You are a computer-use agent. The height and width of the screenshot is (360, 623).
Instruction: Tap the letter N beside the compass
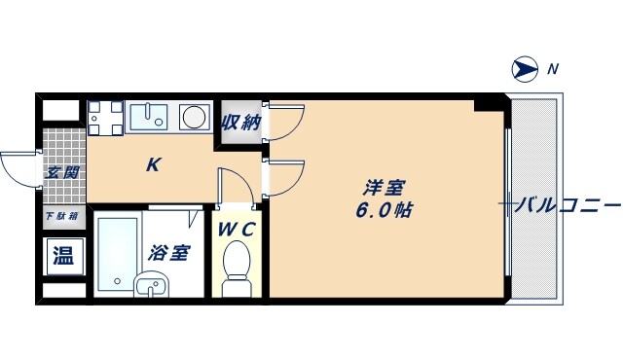[552, 68]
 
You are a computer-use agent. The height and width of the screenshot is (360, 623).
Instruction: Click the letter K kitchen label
[153, 165]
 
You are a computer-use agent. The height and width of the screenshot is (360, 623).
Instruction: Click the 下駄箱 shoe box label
[62, 216]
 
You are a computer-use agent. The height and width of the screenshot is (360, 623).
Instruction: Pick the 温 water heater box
[62, 257]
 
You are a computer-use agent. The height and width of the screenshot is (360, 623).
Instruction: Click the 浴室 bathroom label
[169, 253]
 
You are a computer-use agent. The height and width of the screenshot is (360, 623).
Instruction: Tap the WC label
[236, 231]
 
